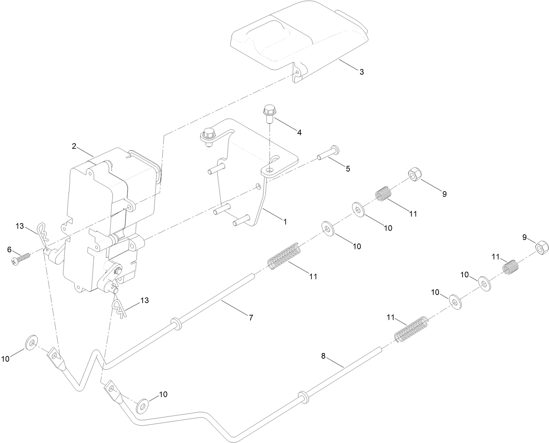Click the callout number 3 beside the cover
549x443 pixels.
pos(362,72)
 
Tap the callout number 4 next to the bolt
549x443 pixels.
pos(299,133)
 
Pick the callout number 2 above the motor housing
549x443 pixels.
pos(74,146)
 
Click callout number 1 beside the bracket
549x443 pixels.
pos(285,222)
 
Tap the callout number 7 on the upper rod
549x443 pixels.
pos(251,318)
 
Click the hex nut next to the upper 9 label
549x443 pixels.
pos(414,175)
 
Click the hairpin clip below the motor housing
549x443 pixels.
pos(118,307)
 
